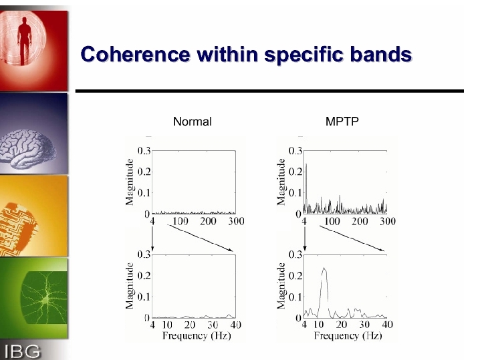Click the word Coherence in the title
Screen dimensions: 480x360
point(135,54)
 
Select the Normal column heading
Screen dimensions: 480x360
point(193,122)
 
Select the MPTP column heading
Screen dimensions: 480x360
point(342,122)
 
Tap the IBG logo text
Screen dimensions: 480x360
point(23,351)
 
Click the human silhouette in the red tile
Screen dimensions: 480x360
point(24,41)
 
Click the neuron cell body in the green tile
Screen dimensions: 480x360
point(45,301)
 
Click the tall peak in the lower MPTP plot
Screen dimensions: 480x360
point(324,268)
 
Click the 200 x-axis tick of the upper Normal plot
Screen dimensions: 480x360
point(208,221)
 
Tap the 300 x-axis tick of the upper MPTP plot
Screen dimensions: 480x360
point(388,221)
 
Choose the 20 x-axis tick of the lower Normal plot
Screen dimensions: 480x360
point(190,325)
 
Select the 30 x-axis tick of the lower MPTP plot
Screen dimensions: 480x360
point(364,325)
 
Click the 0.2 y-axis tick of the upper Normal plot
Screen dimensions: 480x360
point(144,172)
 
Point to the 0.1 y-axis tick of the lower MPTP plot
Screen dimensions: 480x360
point(295,297)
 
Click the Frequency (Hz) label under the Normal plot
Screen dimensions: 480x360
point(197,336)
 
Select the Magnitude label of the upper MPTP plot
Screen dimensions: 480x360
point(281,182)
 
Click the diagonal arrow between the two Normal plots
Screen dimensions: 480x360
point(200,238)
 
